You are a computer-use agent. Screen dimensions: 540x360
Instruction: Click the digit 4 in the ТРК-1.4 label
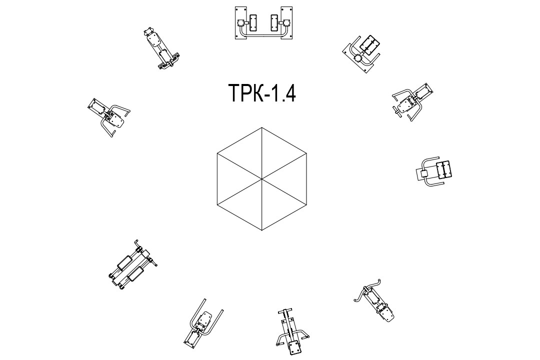pyautogui.click(x=289, y=93)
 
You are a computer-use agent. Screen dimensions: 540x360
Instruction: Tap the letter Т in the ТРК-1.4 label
pyautogui.click(x=234, y=93)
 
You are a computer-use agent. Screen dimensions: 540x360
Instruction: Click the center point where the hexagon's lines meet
pyautogui.click(x=261, y=179)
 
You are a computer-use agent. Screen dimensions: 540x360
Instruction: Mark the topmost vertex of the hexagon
pyautogui.click(x=261, y=128)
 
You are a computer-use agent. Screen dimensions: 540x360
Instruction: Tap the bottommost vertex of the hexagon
pyautogui.click(x=261, y=230)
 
